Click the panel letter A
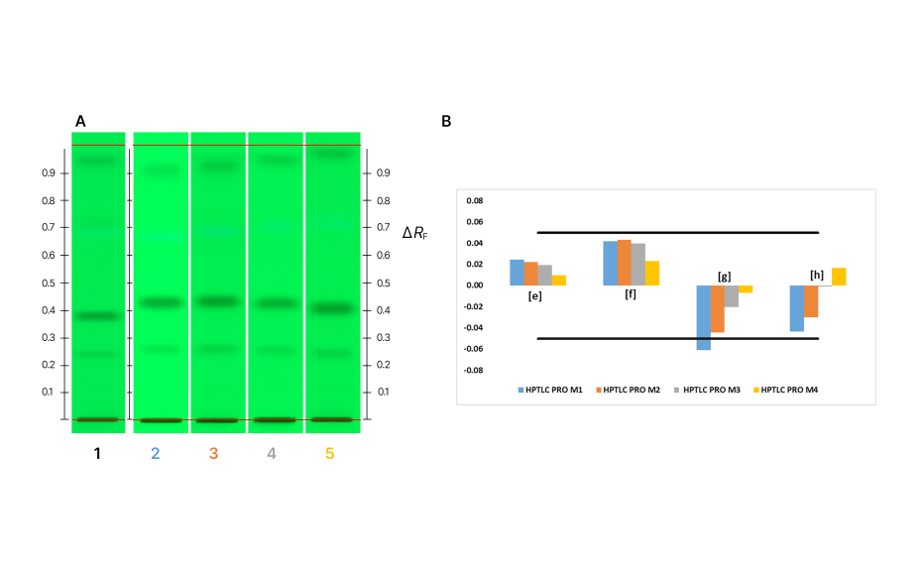(x=80, y=121)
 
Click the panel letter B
(x=446, y=121)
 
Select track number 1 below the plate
(x=97, y=454)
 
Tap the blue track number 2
(x=155, y=454)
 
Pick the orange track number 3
(x=213, y=454)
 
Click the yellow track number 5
(x=331, y=454)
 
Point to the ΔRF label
(x=414, y=234)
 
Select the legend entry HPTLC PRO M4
(x=788, y=390)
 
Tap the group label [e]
(x=534, y=295)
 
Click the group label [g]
(x=724, y=276)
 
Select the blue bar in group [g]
(x=703, y=317)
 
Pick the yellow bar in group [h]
(x=839, y=277)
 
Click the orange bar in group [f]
(x=625, y=263)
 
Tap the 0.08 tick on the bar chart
(x=475, y=201)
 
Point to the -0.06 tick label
(x=474, y=349)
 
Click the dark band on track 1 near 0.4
(x=98, y=316)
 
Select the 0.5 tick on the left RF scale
(x=47, y=283)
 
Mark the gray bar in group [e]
(x=544, y=275)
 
